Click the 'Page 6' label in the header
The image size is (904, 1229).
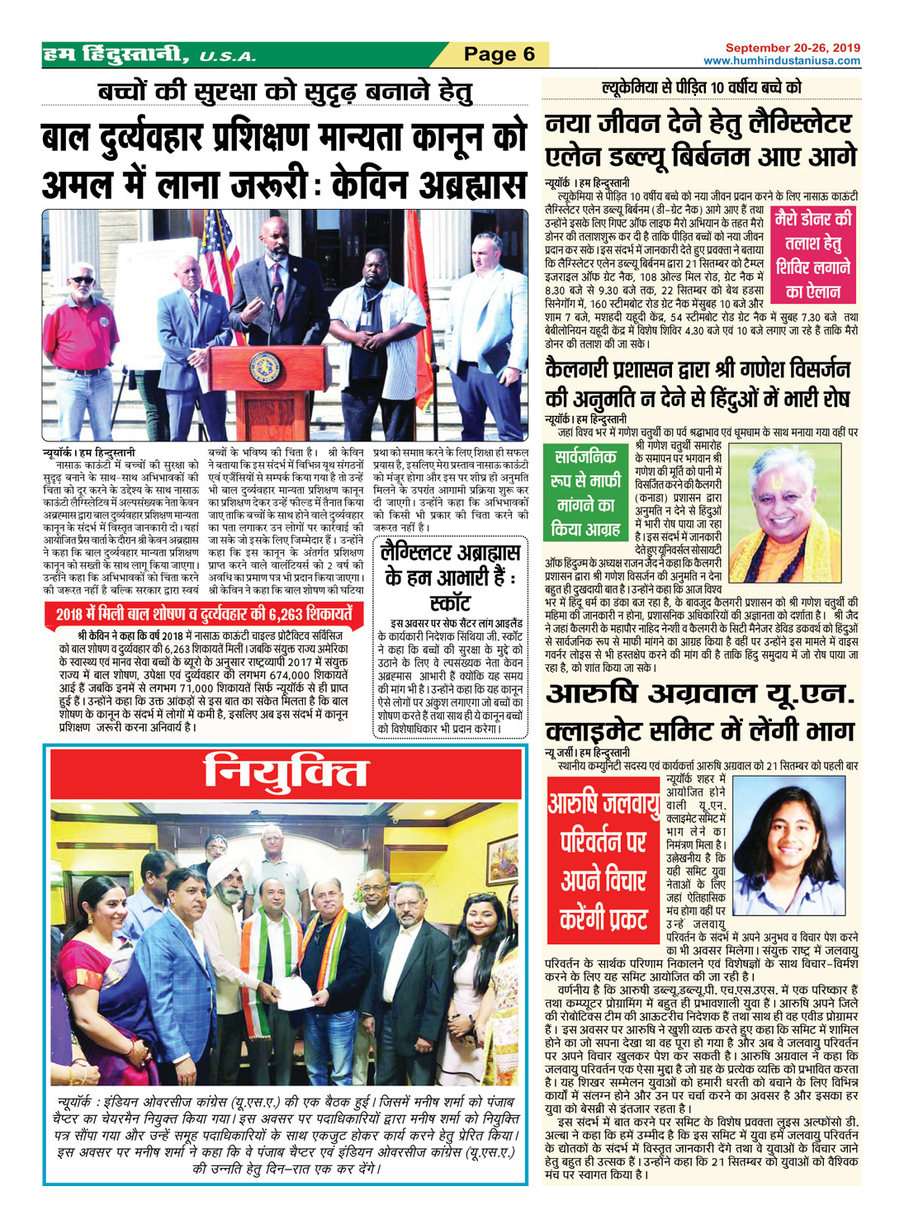(x=499, y=54)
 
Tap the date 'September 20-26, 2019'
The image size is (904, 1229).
(x=793, y=48)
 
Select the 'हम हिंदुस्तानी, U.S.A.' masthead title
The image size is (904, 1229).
(x=149, y=55)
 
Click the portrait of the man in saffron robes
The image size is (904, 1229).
(x=795, y=511)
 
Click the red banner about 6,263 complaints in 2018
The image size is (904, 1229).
(x=203, y=614)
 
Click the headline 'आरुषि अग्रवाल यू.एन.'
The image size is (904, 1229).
(x=699, y=695)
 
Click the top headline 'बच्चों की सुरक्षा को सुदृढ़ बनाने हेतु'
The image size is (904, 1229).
(x=285, y=92)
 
